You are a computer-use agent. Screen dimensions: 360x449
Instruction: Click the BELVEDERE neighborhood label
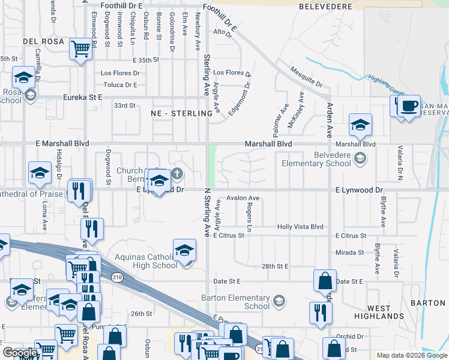pyautogui.click(x=324, y=7)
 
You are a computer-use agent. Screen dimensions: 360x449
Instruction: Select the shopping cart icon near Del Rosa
pyautogui.click(x=80, y=49)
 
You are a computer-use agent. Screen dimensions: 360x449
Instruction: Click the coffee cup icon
pyautogui.click(x=409, y=106)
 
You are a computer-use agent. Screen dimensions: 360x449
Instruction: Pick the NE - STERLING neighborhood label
pyautogui.click(x=179, y=113)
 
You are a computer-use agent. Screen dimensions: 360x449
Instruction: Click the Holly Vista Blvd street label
pyautogui.click(x=300, y=227)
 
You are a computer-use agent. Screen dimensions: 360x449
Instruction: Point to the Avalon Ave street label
pyautogui.click(x=243, y=198)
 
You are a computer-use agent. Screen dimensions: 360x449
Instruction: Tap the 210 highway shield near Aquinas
pyautogui.click(x=116, y=276)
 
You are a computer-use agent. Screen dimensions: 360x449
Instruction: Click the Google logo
pyautogui.click(x=19, y=353)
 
